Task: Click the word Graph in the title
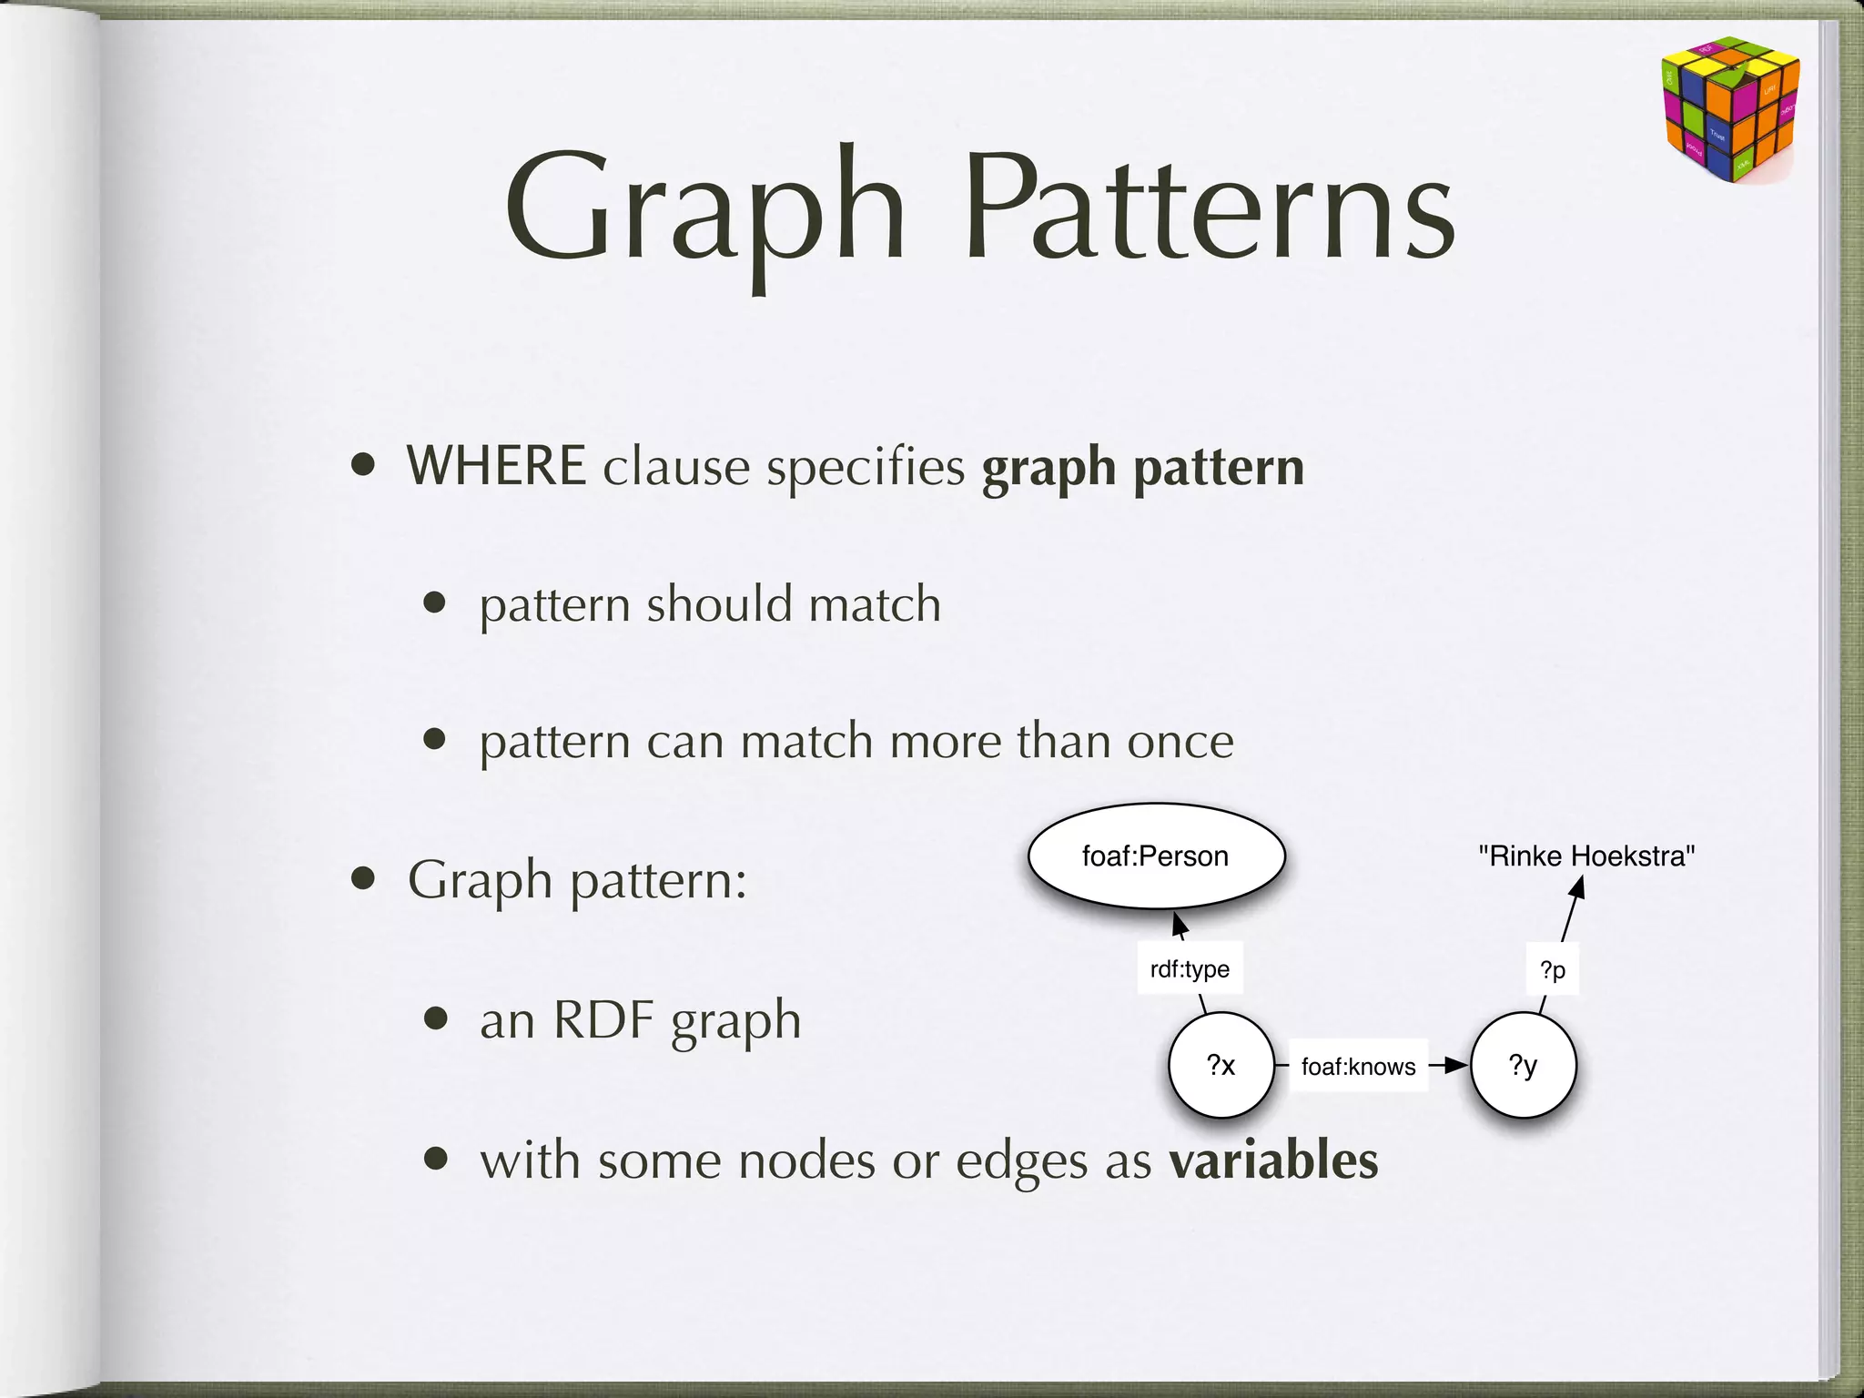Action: tap(705, 211)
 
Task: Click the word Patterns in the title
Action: tap(1211, 211)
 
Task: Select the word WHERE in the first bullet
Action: tap(496, 467)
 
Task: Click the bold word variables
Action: tap(1273, 1160)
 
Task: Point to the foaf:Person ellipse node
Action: tap(1156, 856)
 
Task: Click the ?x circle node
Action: tap(1221, 1066)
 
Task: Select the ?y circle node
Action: tap(1523, 1066)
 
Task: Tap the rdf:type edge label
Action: tap(1190, 969)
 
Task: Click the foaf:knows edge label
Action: tap(1358, 1067)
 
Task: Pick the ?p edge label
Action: tap(1553, 970)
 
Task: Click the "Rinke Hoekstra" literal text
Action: tap(1586, 856)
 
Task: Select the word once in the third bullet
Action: tap(1180, 742)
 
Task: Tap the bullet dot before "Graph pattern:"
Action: tap(364, 879)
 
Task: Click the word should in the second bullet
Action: tap(719, 605)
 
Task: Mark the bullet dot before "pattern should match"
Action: tap(435, 603)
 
